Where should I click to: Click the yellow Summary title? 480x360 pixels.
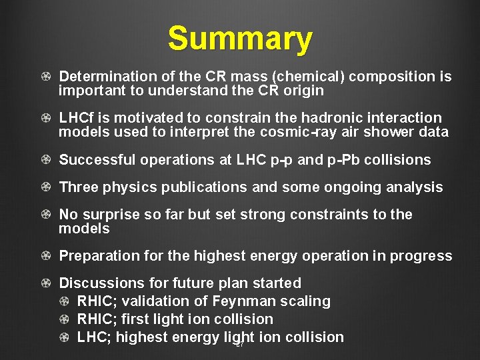[239, 39]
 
